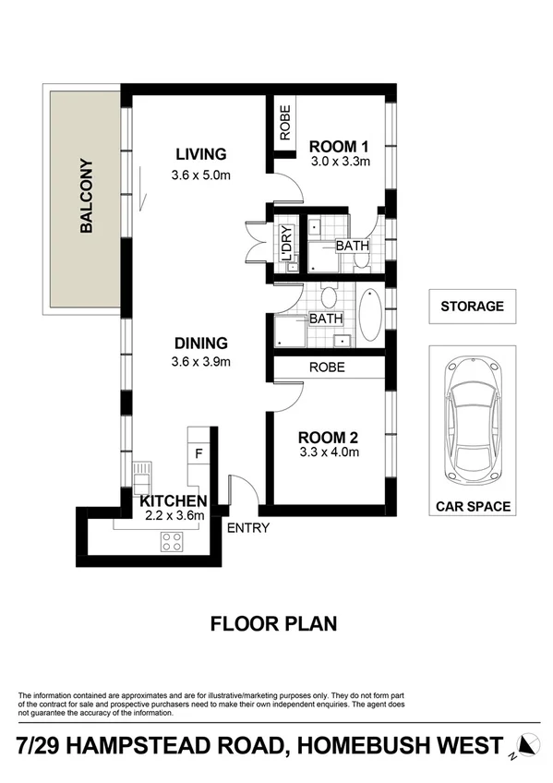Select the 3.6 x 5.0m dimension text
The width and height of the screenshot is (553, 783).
point(200,175)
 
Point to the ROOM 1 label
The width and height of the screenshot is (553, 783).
point(339,146)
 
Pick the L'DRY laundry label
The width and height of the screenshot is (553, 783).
point(286,243)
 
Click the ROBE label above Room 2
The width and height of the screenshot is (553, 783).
point(327,367)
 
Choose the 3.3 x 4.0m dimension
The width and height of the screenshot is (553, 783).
point(328,452)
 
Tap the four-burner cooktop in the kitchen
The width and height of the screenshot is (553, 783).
point(172,541)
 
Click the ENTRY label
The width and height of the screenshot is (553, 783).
point(247,528)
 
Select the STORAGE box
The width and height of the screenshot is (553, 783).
point(472,307)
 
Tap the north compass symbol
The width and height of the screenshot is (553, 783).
point(527,745)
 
